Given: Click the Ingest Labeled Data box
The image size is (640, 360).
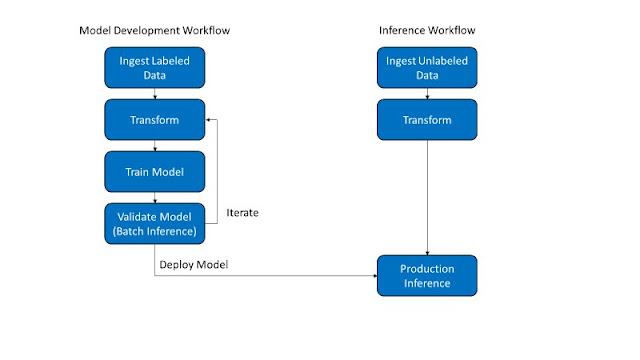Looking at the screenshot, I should click(x=154, y=68).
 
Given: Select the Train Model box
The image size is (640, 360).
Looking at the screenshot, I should click(x=154, y=171).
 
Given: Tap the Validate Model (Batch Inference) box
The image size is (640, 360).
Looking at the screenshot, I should click(x=154, y=222).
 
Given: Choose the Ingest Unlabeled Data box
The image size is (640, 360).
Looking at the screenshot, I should click(x=427, y=68).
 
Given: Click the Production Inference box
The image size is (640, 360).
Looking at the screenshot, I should click(x=427, y=275).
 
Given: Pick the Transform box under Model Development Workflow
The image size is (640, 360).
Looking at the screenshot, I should click(x=154, y=120).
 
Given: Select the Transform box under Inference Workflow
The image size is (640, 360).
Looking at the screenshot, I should click(x=427, y=120).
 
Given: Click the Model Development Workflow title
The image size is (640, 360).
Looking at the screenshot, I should click(x=154, y=31).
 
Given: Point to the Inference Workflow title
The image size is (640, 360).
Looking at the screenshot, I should click(x=427, y=31).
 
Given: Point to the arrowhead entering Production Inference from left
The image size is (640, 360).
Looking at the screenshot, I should click(x=372, y=275).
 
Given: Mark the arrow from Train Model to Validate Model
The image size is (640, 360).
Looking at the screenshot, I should click(x=154, y=197).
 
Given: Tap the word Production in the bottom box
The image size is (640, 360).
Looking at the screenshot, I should click(x=427, y=268).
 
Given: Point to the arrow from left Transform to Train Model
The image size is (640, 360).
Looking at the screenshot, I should click(x=154, y=145).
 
